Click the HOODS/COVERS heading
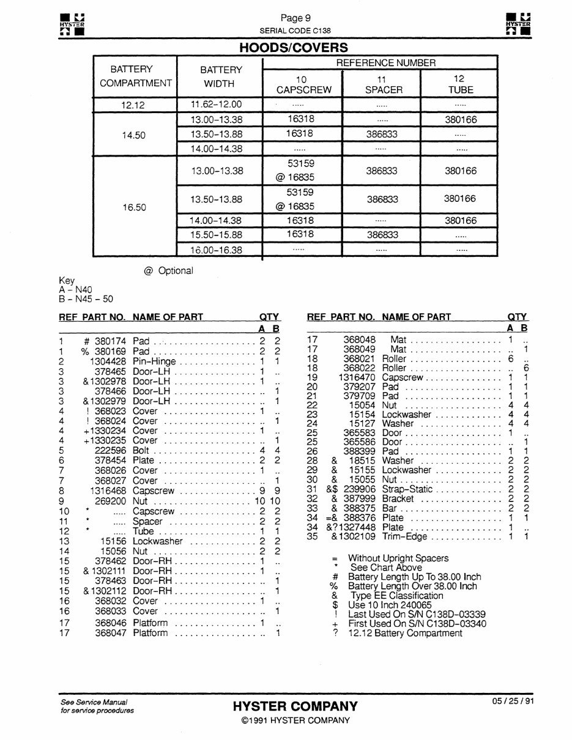point(294,48)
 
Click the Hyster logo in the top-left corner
point(71,23)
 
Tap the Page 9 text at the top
point(295,18)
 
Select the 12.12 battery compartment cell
point(133,105)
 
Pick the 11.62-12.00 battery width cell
point(216,105)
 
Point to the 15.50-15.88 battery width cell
point(216,235)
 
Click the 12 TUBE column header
point(459,84)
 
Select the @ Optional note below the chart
point(168,271)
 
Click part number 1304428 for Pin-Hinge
point(107,361)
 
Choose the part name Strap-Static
point(407,489)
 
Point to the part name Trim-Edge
point(404,537)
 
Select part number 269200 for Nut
point(110,501)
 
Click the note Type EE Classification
point(396,596)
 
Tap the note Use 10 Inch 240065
point(390,605)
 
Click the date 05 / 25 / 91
point(513,701)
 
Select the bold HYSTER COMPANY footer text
point(295,706)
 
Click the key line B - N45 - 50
point(86,299)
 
